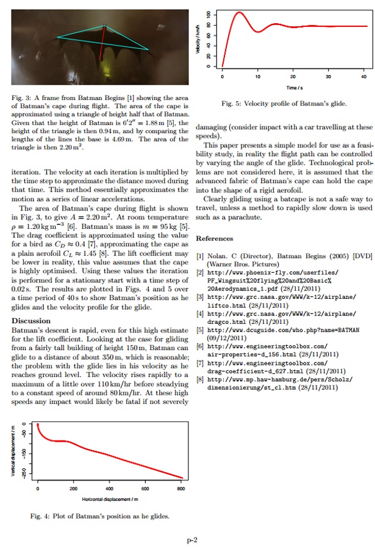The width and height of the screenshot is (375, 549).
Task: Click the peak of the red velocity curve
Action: (x=238, y=12)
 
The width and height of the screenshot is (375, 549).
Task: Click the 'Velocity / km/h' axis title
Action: (x=198, y=40)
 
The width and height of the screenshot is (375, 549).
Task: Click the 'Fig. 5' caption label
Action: (x=234, y=104)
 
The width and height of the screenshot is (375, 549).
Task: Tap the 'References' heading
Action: (x=214, y=239)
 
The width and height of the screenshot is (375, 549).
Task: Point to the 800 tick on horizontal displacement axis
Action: (x=180, y=489)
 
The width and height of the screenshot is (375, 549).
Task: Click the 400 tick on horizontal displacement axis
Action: (x=109, y=489)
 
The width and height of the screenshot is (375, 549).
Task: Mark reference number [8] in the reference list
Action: (x=200, y=379)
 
